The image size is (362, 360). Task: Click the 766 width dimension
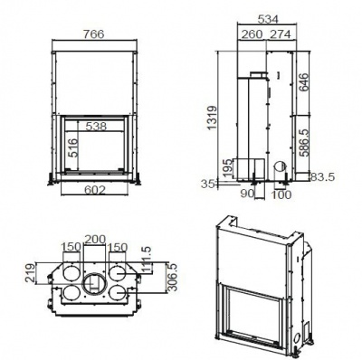pyautogui.click(x=97, y=32)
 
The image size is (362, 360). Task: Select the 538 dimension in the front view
pyautogui.click(x=97, y=127)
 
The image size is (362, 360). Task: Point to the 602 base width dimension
pyautogui.click(x=96, y=190)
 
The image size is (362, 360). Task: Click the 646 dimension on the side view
pyautogui.click(x=304, y=85)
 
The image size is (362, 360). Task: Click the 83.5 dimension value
pyautogui.click(x=324, y=175)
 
